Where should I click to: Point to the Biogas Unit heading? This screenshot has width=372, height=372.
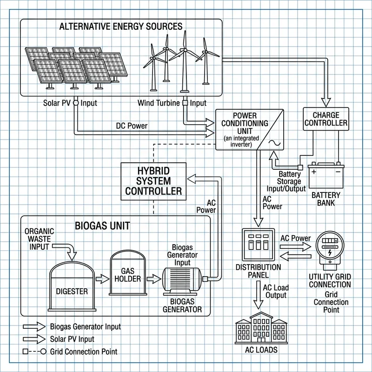click(x=102, y=226)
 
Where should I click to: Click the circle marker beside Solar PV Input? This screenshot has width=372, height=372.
click(x=76, y=102)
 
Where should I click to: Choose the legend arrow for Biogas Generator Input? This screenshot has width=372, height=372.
click(x=33, y=326)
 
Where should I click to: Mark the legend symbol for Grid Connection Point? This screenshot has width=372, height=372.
click(x=33, y=351)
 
